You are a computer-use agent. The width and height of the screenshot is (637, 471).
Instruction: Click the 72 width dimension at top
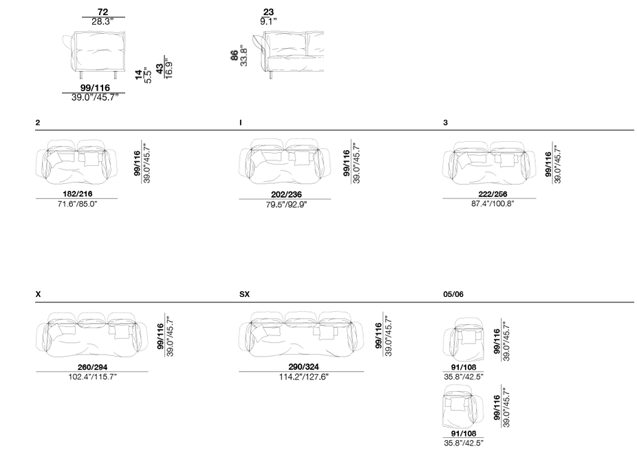102,12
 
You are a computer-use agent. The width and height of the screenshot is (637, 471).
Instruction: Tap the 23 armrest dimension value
268,12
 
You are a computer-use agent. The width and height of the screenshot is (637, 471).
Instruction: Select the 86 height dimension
235,56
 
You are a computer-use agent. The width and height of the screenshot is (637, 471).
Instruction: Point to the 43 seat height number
160,69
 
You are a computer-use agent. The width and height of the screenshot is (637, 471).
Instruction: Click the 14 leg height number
139,75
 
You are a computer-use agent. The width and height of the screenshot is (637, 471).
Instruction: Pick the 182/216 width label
77,194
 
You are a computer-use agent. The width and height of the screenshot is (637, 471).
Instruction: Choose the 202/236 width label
286,195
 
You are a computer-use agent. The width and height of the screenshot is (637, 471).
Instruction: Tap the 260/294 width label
92,367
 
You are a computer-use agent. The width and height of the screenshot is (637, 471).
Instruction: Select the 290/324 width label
303,367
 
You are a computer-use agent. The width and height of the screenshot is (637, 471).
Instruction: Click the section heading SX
244,294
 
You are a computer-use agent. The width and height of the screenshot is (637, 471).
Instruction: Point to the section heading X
39,294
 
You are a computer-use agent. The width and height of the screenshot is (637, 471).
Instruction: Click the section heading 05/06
453,294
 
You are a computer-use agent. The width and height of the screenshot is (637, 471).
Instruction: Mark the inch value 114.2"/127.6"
303,377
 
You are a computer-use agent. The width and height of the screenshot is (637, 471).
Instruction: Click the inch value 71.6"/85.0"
77,204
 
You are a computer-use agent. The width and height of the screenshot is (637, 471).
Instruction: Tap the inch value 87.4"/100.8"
493,204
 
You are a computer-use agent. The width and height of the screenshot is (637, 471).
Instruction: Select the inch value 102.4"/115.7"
92,377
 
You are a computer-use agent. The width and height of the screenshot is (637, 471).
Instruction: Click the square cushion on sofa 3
506,160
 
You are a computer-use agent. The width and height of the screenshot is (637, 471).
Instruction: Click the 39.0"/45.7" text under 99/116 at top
95,98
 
